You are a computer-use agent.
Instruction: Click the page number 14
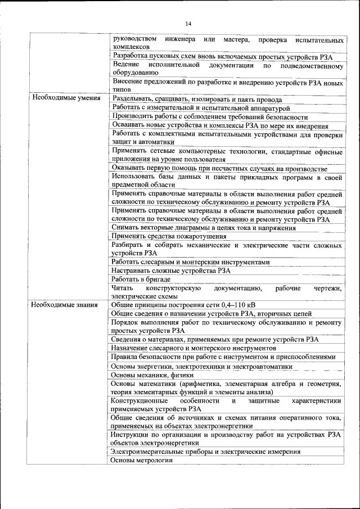click(188, 23)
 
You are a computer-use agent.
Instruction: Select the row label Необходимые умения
click(66, 98)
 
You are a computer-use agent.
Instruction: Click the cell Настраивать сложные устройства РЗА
click(171, 271)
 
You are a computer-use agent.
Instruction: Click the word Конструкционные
click(139, 401)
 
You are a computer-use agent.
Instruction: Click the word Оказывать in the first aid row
click(129, 169)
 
